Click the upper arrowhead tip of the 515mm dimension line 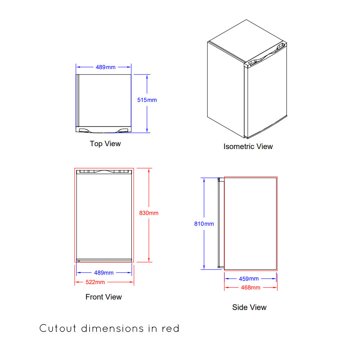[147, 75]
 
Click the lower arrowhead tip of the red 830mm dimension [149, 262]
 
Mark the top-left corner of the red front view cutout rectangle [75, 168]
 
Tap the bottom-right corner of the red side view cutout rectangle [277, 270]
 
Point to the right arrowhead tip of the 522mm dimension [134, 282]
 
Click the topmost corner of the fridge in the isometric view [246, 20]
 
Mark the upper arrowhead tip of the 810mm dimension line [204, 178]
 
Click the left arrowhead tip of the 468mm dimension [225, 287]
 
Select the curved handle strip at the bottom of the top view [104, 130]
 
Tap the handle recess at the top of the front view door [104, 171]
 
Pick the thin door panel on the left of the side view [221, 223]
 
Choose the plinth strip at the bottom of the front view [104, 260]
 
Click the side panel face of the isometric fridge [226, 90]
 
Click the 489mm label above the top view [105, 67]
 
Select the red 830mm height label [149, 213]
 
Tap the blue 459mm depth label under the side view [249, 279]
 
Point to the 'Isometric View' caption [248, 147]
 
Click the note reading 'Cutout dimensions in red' [109, 328]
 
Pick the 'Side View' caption [249, 307]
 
